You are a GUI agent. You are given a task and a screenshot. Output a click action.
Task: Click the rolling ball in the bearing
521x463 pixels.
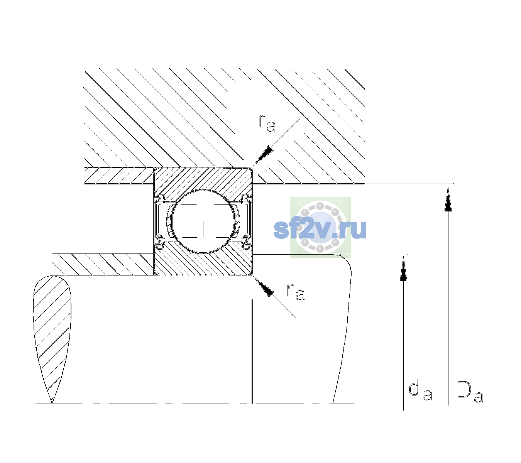203,221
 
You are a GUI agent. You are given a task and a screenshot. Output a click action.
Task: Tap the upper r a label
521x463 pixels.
267,123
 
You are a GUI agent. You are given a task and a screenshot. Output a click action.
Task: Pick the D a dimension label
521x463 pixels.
470,391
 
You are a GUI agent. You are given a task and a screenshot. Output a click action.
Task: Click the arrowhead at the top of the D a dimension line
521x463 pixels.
448,199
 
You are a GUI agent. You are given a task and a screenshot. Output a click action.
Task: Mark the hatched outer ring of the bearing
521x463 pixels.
203,179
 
